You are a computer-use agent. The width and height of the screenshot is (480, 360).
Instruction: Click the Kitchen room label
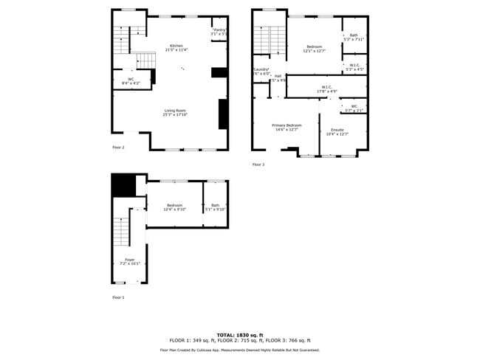point(176,47)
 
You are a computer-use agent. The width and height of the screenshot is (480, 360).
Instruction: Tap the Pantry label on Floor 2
point(219,32)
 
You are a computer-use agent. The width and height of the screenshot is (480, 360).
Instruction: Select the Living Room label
point(175,113)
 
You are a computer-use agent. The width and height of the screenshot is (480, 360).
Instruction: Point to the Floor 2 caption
point(118,148)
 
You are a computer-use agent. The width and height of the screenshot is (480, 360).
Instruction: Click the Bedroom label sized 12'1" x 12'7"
point(314,49)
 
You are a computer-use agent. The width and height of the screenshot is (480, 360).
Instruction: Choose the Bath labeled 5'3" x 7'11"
point(354,37)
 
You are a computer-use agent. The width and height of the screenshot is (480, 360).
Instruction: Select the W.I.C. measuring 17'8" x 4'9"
point(326,89)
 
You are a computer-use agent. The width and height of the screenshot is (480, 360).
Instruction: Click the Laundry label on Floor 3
point(261,71)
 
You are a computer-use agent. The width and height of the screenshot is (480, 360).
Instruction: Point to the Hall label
point(278,77)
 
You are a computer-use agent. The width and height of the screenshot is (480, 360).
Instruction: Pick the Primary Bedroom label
point(287,128)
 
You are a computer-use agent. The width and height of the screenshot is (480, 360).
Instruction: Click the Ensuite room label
point(337,132)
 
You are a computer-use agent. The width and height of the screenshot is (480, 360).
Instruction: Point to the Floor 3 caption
point(258,165)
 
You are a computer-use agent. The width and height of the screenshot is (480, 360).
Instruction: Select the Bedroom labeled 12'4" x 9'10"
point(174,207)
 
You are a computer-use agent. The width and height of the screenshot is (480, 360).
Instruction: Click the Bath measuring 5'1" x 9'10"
point(215,207)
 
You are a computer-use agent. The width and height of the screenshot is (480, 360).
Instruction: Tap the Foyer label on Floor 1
point(129,261)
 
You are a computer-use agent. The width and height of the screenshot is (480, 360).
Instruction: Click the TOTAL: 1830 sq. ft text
point(239,334)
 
